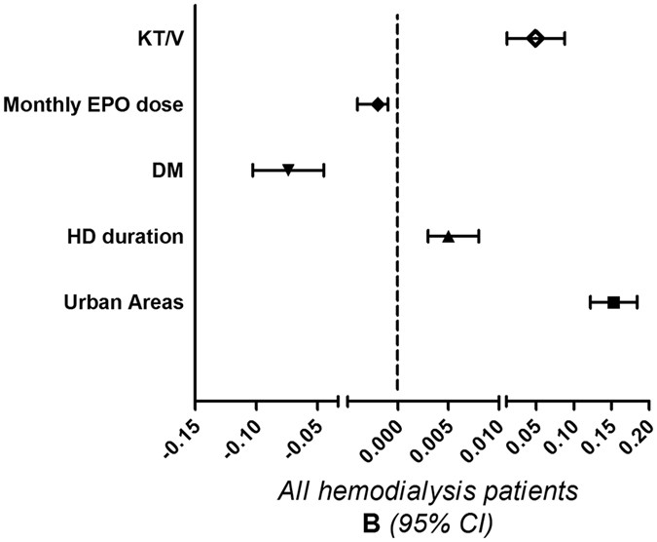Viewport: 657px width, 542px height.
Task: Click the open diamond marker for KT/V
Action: click(x=535, y=38)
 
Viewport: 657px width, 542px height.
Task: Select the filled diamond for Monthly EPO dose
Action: click(x=378, y=103)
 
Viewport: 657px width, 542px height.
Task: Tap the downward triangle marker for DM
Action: click(x=288, y=170)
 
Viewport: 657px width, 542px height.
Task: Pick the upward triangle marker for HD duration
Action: click(x=449, y=236)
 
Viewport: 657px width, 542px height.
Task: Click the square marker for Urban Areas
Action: click(x=613, y=302)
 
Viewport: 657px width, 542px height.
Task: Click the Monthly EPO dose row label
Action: click(x=94, y=104)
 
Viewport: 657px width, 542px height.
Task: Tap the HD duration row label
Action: click(x=126, y=237)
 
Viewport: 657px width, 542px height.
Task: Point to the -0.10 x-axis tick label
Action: click(x=241, y=434)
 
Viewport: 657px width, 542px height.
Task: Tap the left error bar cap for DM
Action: click(x=253, y=170)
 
